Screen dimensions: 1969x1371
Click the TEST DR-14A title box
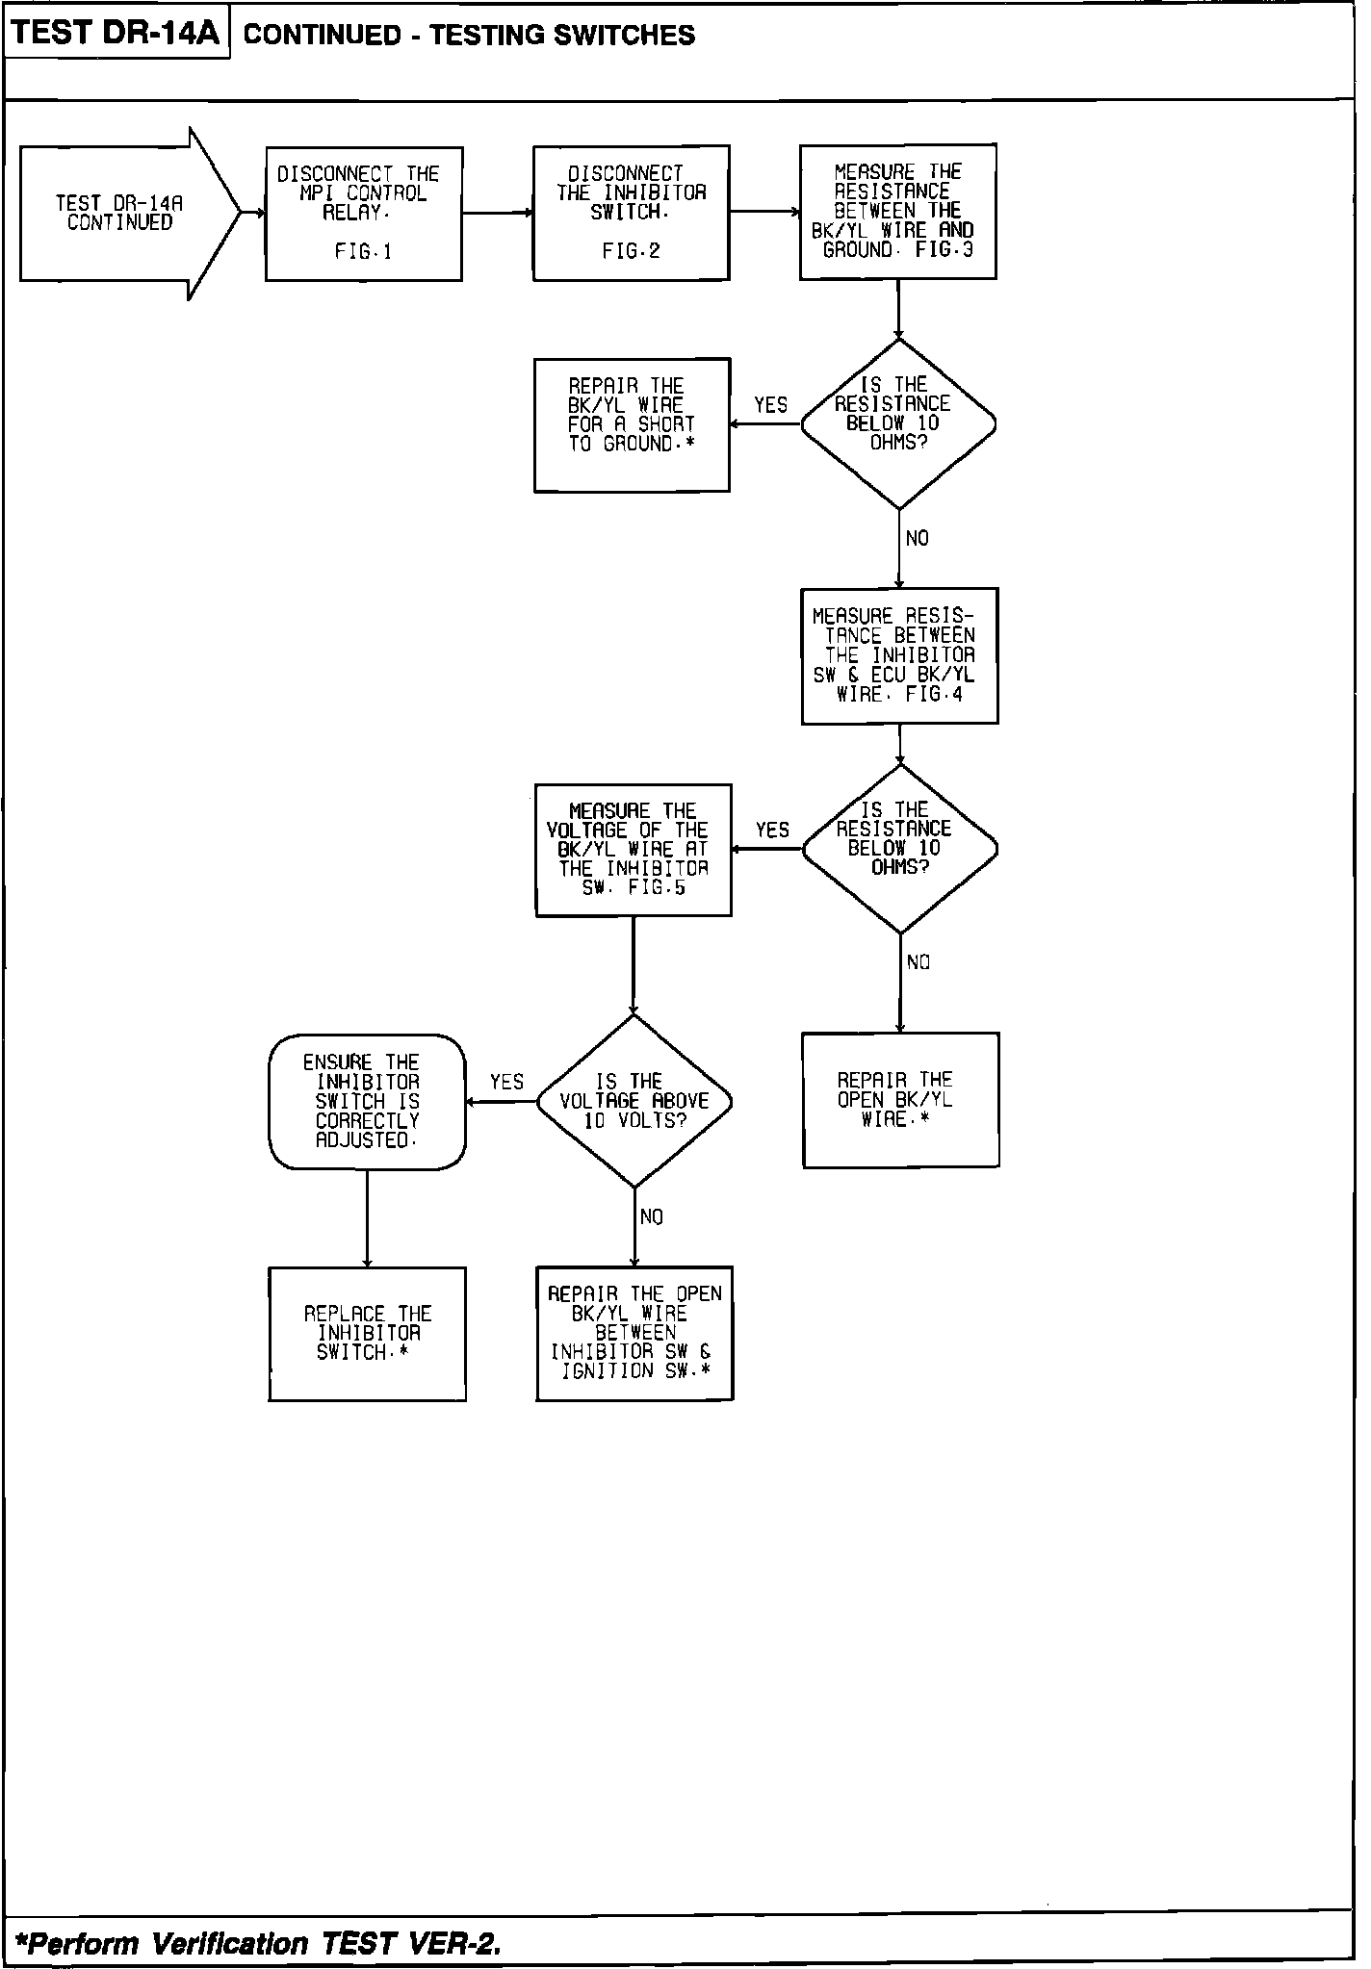(116, 34)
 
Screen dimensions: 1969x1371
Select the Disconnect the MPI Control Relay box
(363, 213)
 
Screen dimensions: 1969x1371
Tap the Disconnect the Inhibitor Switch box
(631, 213)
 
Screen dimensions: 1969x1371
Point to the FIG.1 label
(363, 252)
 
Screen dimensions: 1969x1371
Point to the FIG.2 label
(631, 251)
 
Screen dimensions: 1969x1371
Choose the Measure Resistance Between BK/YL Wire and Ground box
(897, 212)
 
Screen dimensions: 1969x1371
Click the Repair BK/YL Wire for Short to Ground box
(631, 424)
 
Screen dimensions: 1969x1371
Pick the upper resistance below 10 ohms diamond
(897, 423)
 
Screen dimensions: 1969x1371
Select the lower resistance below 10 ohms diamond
(899, 849)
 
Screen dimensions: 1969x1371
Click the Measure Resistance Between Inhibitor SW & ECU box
(899, 655)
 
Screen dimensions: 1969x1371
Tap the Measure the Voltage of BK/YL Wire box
(633, 849)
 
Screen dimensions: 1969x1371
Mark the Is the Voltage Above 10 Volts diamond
(634, 1101)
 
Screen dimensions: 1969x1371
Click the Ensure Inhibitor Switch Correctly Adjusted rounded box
(367, 1102)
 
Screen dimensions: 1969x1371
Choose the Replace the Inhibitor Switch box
(367, 1333)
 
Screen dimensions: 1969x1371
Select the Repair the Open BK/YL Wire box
(900, 1100)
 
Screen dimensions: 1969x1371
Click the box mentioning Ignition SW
(634, 1333)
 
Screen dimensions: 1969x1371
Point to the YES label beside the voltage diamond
(506, 1083)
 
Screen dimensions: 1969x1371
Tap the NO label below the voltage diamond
(652, 1218)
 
